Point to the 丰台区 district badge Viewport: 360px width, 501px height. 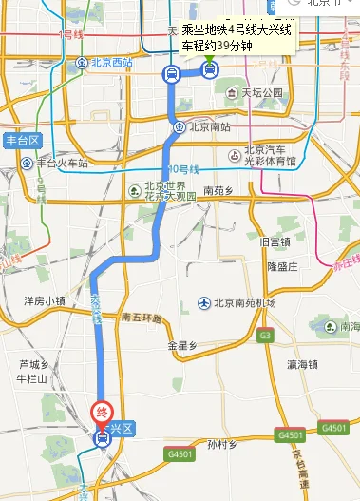22,140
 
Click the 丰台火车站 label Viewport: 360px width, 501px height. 63,163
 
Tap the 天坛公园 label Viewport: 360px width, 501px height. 261,93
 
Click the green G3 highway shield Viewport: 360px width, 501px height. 265,336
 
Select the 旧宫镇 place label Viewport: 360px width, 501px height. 277,242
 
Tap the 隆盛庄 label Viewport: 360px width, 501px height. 282,267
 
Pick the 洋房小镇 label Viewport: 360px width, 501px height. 45,300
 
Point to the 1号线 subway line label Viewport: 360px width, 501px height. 72,35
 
